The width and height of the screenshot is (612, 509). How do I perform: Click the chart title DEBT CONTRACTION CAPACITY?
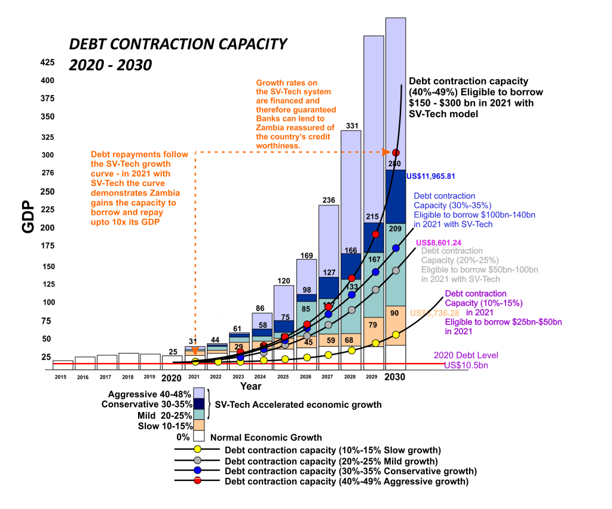[x=178, y=44]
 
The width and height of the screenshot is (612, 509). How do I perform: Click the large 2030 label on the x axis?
[x=395, y=377]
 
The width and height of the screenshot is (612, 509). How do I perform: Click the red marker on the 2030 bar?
[x=395, y=153]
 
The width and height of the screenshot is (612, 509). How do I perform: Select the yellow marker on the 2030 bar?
[x=395, y=334]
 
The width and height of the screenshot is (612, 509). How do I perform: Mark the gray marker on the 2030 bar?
[x=395, y=270]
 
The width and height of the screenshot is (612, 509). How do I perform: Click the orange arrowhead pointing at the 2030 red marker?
[x=386, y=153]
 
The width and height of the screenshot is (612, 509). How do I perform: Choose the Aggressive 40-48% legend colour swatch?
[x=200, y=394]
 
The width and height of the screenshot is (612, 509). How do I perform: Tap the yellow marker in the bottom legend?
[x=197, y=449]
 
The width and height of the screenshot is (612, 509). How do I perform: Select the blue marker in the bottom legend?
[x=197, y=471]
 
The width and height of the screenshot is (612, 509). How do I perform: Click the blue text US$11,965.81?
[x=430, y=176]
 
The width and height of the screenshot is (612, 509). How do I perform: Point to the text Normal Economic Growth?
[x=266, y=437]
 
